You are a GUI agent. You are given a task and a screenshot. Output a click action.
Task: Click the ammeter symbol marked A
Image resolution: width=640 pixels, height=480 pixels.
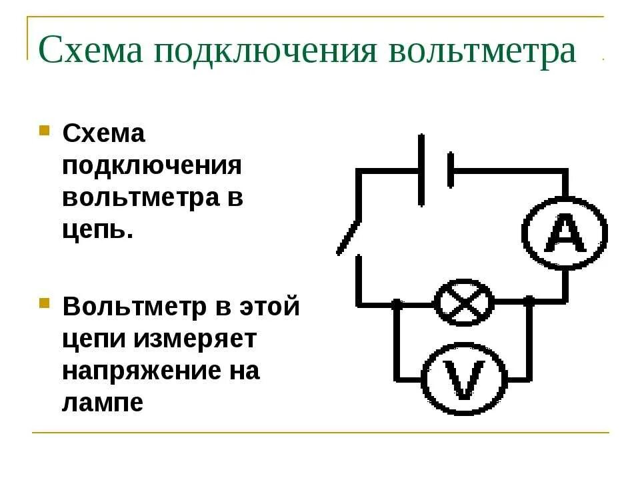(x=564, y=233)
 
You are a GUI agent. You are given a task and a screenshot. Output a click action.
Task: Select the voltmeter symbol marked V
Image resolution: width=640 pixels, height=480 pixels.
(x=465, y=380)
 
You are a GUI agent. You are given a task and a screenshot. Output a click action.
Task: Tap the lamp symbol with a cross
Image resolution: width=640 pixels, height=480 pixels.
(x=465, y=303)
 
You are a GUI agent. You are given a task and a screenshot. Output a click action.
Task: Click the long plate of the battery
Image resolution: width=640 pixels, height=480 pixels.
(x=421, y=169)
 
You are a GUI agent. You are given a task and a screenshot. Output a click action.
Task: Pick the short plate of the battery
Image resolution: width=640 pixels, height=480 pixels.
(x=451, y=169)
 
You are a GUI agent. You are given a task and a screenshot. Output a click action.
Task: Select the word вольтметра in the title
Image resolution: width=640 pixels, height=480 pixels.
(x=482, y=51)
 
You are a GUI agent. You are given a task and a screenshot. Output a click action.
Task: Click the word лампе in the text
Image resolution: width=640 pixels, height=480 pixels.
(x=103, y=403)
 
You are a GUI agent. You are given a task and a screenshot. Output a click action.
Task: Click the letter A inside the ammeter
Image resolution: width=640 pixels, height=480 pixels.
(x=564, y=234)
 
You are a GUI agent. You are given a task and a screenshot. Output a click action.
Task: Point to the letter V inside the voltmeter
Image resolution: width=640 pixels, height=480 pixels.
(x=465, y=381)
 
